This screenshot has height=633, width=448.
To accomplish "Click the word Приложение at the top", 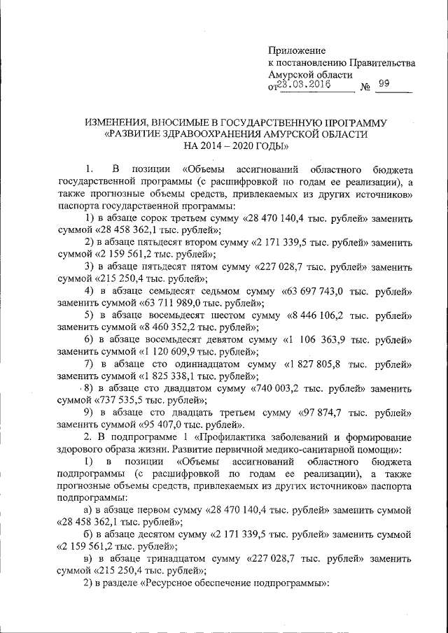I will [297, 50].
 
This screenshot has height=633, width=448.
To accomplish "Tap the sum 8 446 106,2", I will [319, 315].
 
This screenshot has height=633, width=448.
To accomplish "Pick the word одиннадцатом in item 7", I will [199, 364].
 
